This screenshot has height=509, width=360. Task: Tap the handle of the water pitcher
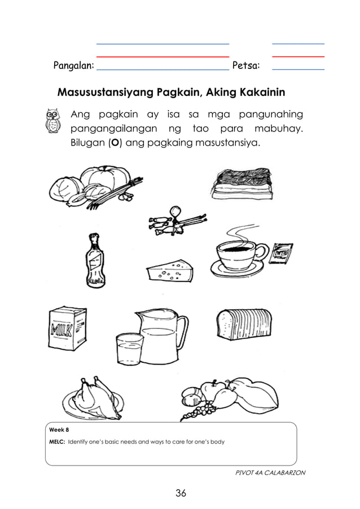point(182,333)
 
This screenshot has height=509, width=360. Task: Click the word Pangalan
point(73,65)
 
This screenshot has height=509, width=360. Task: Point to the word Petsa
point(246,65)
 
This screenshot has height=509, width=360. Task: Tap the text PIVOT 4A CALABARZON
point(270,472)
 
